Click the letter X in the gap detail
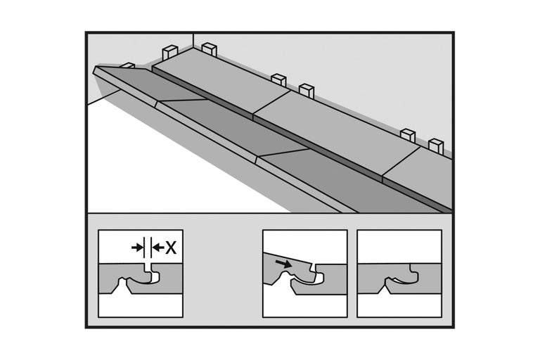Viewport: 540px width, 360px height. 171,247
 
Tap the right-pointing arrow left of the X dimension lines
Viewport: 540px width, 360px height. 137,247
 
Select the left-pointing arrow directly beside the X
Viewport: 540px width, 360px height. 158,247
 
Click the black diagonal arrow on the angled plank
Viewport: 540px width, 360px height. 283,264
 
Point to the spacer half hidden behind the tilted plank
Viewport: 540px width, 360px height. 128,65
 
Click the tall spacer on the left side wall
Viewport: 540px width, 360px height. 169,53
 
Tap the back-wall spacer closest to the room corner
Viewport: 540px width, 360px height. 209,49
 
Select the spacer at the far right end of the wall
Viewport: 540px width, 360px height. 436,146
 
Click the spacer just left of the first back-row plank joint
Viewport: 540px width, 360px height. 278,79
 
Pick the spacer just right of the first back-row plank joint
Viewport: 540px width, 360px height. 306,90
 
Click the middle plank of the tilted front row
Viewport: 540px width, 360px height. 234,128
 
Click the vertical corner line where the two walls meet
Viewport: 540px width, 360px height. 193,40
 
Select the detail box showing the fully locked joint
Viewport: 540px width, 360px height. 399,274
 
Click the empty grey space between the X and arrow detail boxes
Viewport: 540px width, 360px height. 222,274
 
